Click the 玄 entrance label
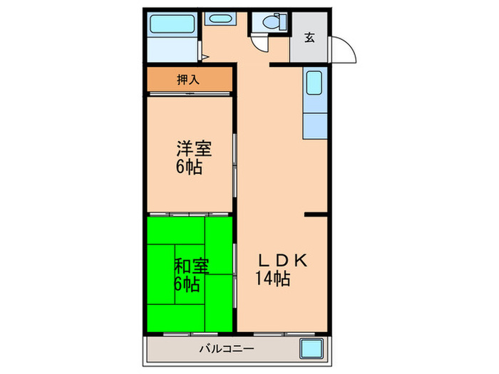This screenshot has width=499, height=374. (309, 38)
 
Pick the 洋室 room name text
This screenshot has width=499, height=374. (193, 150)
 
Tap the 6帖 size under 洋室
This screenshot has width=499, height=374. (188, 168)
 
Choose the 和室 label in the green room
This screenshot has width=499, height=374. (191, 266)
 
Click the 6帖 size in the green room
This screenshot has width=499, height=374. (187, 284)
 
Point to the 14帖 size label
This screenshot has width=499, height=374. (272, 279)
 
